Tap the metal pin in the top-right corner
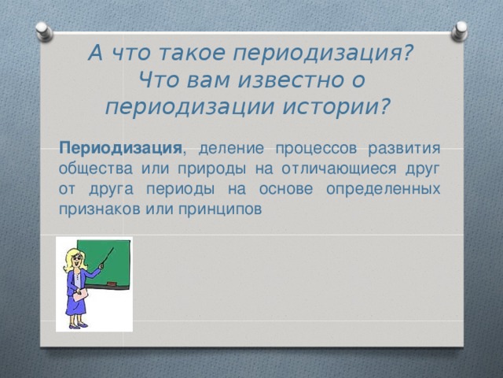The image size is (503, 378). click(x=458, y=31)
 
